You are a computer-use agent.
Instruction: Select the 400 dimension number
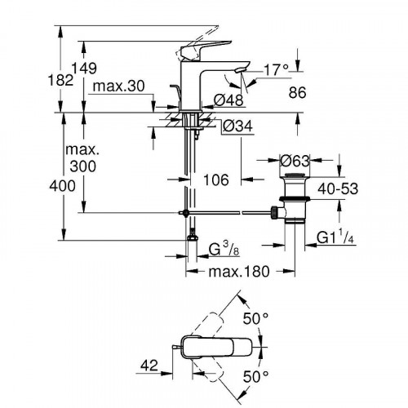coord(61,186)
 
